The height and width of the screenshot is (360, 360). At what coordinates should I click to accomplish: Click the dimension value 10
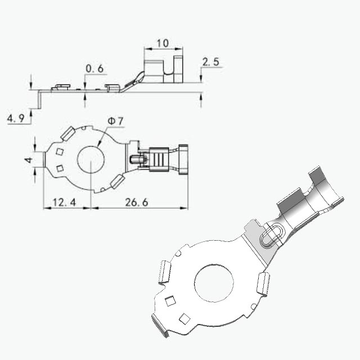pos(163,43)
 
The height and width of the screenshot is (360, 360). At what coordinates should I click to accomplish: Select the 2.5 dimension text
pos(211,62)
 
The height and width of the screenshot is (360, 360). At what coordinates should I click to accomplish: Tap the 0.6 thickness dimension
pos(94,69)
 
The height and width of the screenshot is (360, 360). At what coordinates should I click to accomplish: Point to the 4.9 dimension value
pos(16,119)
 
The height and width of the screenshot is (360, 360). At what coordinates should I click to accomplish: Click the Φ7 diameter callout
pos(115,121)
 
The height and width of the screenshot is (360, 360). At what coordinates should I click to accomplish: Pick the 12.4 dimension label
pos(64,202)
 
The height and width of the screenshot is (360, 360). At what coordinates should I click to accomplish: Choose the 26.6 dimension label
pos(137,202)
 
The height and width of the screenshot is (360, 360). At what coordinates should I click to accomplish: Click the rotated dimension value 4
pos(29,160)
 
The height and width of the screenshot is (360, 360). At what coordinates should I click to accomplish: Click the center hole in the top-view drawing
pos(91,159)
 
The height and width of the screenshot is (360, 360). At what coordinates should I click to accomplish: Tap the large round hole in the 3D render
pos(214,283)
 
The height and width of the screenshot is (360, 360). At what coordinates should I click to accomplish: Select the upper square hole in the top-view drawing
pos(60,151)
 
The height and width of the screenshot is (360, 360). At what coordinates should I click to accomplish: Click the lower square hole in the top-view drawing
pos(60,169)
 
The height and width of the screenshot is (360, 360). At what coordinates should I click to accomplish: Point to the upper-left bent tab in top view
pos(68,133)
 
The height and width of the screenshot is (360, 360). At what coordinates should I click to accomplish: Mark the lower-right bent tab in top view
pos(118,182)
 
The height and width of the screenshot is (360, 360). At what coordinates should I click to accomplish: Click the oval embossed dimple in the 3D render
pos(271,236)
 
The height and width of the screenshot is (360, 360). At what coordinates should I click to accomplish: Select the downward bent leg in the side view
pos(39,99)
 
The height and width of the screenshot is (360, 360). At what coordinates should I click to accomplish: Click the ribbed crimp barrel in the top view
pos(159,159)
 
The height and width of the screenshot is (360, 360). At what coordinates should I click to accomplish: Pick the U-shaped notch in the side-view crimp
pos(169,67)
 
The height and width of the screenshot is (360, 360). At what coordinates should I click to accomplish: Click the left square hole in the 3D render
pos(170,301)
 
